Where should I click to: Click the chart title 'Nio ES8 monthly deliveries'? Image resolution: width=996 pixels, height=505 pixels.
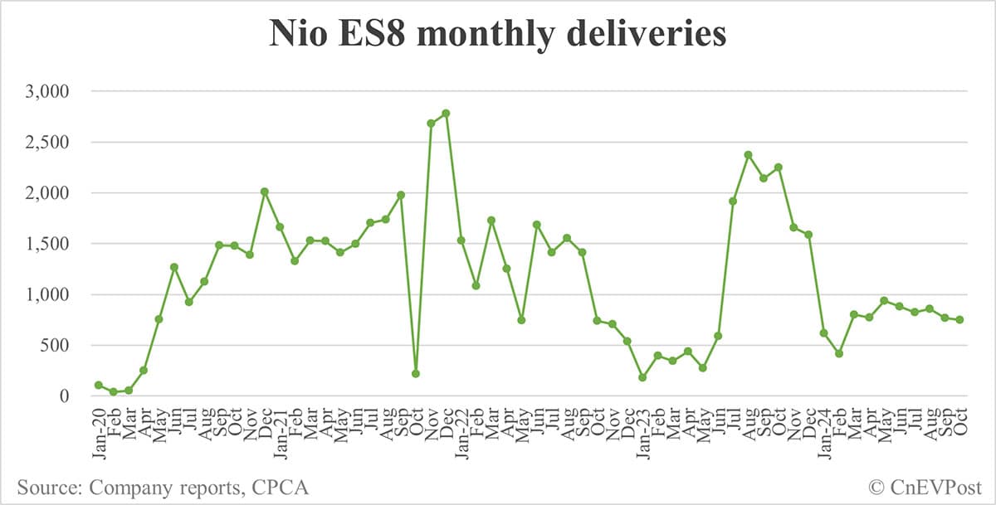click(497, 35)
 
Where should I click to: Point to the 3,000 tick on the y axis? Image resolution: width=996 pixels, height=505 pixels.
click(48, 91)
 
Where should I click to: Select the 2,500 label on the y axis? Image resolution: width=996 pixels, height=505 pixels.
click(48, 142)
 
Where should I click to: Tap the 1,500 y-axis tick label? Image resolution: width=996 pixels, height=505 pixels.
click(48, 244)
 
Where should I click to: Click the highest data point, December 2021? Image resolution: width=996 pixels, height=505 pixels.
click(446, 113)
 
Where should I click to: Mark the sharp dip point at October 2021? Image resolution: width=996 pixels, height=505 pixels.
click(416, 374)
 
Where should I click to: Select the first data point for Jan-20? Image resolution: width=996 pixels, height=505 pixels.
click(99, 385)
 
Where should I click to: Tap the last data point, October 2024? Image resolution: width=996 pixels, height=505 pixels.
click(959, 320)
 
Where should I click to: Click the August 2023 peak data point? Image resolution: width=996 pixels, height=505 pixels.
click(749, 155)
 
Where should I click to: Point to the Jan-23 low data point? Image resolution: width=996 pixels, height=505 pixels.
click(643, 377)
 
